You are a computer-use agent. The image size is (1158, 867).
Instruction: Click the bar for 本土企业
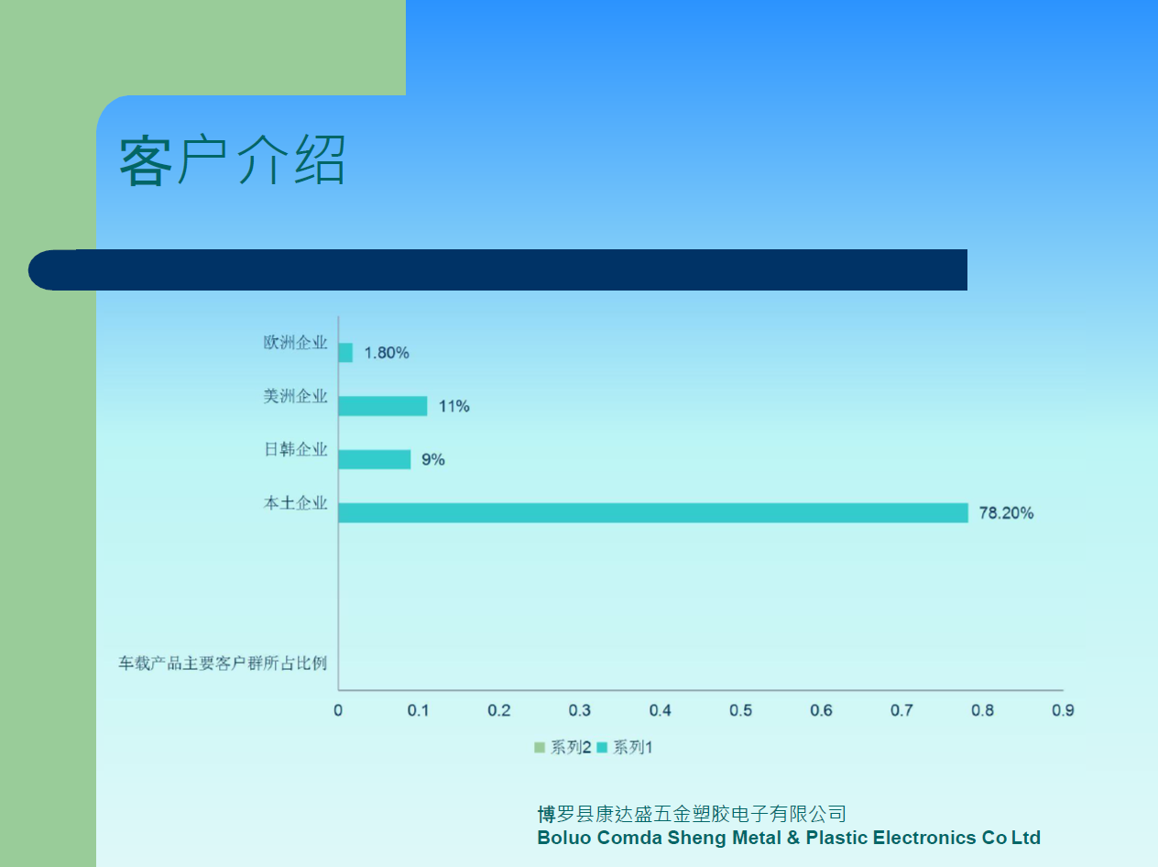click(653, 513)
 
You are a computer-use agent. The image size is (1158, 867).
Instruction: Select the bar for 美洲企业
click(383, 406)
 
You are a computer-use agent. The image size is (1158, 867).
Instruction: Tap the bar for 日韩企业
click(375, 459)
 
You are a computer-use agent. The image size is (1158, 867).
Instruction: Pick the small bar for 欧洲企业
click(345, 353)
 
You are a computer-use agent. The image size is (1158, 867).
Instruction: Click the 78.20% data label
click(1006, 513)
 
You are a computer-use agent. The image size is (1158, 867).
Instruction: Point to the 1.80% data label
click(387, 353)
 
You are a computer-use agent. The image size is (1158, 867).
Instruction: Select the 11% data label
click(454, 406)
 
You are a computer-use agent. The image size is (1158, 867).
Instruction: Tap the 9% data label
click(433, 460)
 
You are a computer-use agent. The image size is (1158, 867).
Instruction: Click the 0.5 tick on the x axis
click(740, 710)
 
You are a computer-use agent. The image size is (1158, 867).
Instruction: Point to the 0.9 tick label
click(1063, 710)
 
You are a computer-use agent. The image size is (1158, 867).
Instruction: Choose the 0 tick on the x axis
click(338, 710)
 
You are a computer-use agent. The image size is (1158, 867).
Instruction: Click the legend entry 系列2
click(563, 747)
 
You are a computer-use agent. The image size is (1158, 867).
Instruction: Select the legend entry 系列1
click(625, 747)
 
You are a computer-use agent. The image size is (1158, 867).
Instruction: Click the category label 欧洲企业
click(295, 343)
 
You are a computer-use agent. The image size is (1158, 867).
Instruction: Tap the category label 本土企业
click(295, 503)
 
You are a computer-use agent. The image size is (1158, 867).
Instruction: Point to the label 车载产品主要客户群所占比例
click(223, 663)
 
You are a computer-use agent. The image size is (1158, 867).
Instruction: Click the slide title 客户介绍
click(232, 159)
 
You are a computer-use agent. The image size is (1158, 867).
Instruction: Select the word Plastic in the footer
click(836, 838)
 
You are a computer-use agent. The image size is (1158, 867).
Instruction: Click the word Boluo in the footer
click(564, 838)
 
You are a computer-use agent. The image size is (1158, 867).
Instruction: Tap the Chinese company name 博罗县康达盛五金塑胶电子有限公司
click(692, 814)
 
